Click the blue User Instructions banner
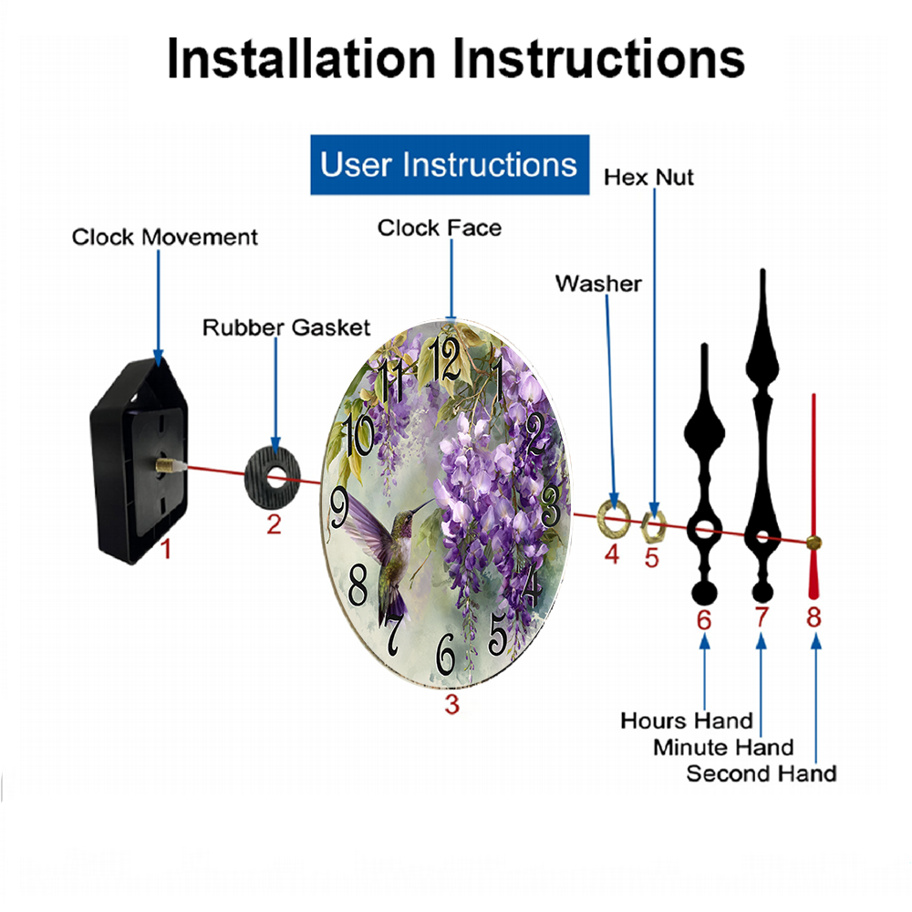(x=450, y=164)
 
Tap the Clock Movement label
(x=164, y=237)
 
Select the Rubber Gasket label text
(x=286, y=327)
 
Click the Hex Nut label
(x=648, y=178)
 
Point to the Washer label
(x=598, y=284)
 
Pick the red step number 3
(x=452, y=704)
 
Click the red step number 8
(x=814, y=617)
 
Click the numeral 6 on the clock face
(x=446, y=654)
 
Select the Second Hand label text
(x=762, y=774)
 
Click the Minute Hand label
(x=723, y=748)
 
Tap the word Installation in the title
(x=301, y=58)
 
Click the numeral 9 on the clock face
(x=339, y=506)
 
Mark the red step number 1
(x=166, y=549)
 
